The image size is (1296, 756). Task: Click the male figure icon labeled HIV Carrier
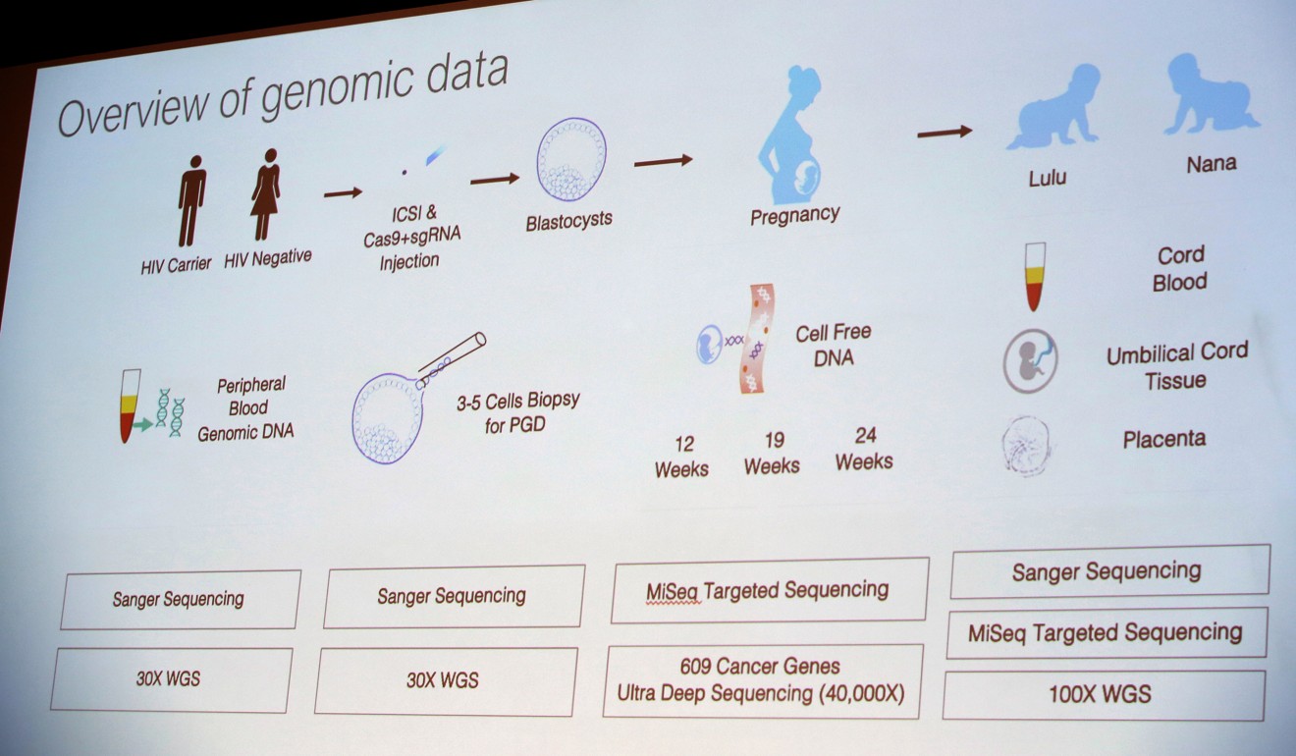(191, 200)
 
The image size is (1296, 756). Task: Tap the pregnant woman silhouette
(792, 135)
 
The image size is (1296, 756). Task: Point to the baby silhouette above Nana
(1211, 94)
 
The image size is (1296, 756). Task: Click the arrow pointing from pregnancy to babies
(945, 132)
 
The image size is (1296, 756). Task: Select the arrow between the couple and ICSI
(343, 192)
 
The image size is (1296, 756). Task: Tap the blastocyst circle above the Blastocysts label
(571, 159)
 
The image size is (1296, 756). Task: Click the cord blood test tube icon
(1035, 276)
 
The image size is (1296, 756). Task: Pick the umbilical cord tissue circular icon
(1030, 360)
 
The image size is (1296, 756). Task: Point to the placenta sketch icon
(1026, 446)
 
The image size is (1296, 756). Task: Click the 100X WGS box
(1104, 695)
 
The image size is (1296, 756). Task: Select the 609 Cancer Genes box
(762, 680)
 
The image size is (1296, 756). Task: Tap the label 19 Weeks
(773, 453)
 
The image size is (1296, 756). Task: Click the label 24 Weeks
(864, 449)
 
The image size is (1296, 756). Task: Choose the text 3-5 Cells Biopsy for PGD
(517, 412)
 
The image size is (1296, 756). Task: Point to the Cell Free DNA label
(834, 345)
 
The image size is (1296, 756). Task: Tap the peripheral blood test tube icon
(131, 406)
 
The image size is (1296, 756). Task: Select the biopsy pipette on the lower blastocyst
(452, 359)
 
